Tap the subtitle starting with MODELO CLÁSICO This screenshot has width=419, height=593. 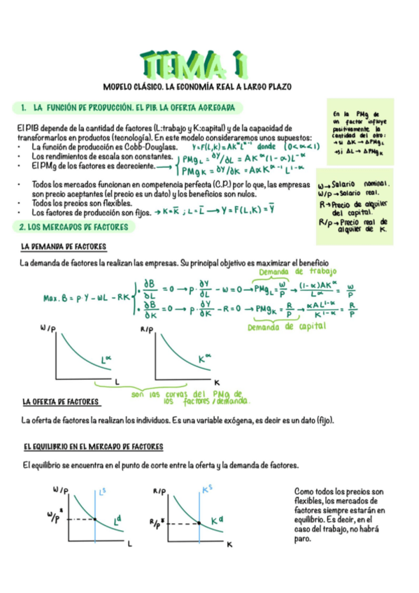pos(197,87)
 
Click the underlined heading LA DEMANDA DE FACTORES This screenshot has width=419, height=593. pos(64,247)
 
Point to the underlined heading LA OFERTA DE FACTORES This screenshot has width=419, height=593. pos(61,402)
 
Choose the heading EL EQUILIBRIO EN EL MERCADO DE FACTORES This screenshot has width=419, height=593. pos(92,445)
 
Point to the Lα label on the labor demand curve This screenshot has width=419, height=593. pos(107,360)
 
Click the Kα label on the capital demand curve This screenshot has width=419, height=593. pos(205,358)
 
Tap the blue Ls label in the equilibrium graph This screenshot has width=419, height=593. pos(104,492)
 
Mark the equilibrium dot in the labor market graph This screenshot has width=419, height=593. pos(95,519)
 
